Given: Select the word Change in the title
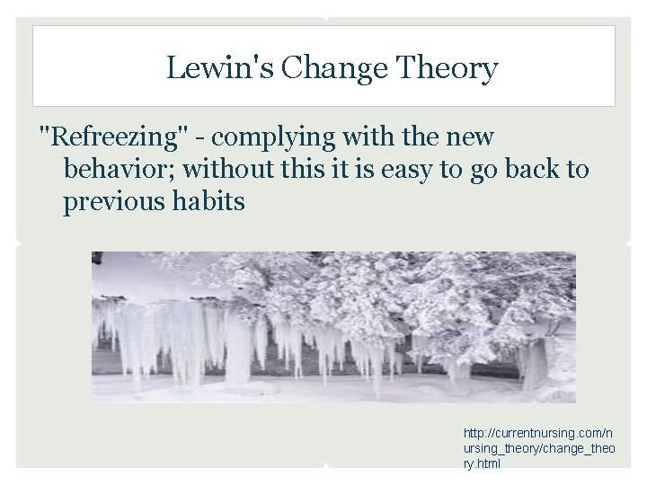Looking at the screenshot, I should (x=311, y=68).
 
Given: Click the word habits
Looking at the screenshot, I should (x=211, y=201).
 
